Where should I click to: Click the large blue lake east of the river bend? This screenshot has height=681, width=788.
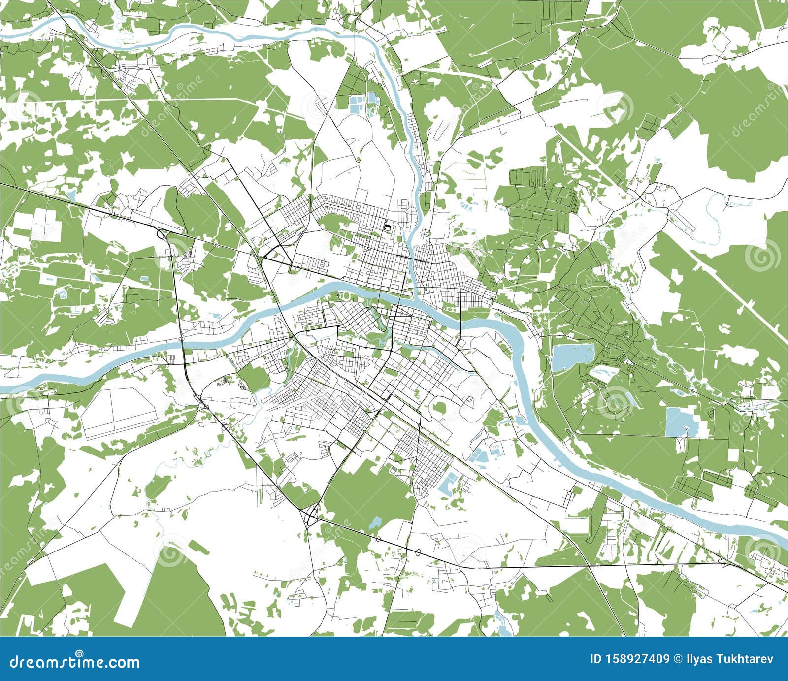pyautogui.click(x=573, y=357)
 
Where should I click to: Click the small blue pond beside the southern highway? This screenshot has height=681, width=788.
pyautogui.click(x=376, y=522)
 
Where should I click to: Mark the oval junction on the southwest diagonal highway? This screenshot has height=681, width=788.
pyautogui.click(x=225, y=426)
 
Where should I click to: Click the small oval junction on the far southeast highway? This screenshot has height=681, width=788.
pyautogui.click(x=721, y=561)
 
